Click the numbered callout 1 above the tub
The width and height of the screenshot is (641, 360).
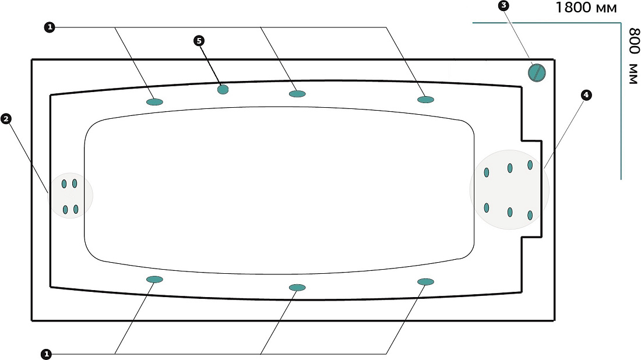(x=50, y=27)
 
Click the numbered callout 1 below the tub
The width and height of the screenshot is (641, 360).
(x=47, y=354)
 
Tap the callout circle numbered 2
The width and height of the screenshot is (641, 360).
(x=6, y=119)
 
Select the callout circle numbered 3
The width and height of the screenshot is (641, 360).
(x=503, y=6)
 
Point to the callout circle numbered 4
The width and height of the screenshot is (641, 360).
(x=586, y=95)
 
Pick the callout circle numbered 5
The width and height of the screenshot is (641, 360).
(x=199, y=40)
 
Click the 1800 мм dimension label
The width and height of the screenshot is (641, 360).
(x=586, y=8)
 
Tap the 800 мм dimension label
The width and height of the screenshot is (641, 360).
(x=633, y=56)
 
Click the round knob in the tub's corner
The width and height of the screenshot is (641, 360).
(x=537, y=72)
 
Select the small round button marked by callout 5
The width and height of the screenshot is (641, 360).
(x=223, y=89)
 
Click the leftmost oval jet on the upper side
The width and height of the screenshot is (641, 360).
(x=155, y=102)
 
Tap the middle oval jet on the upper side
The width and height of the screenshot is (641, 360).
(x=297, y=94)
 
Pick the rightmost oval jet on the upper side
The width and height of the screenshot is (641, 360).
(x=425, y=99)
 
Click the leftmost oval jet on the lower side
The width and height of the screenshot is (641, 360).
(x=155, y=280)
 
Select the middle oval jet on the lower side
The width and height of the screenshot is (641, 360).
(x=297, y=287)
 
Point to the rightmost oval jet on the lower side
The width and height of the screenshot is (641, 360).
(x=425, y=281)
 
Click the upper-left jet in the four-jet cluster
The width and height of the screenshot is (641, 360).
(x=64, y=184)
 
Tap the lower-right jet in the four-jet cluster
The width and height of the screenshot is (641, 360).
(x=76, y=209)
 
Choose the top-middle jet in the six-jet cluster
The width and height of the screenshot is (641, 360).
(x=510, y=168)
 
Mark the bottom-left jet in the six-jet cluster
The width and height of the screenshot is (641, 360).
(x=487, y=208)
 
